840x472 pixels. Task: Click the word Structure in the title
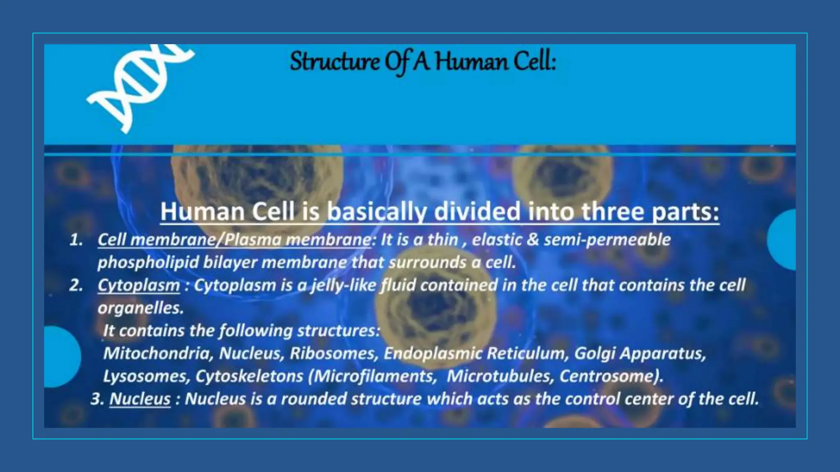tap(334, 62)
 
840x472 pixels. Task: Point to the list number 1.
tap(76, 240)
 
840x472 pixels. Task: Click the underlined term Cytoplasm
tap(139, 285)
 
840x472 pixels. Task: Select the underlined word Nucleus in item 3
tap(140, 399)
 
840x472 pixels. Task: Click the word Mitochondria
tap(157, 353)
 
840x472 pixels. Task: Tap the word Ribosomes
tap(333, 353)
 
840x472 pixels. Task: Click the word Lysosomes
tap(146, 376)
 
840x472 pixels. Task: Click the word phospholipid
tap(148, 263)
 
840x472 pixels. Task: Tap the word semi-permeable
tap(607, 240)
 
